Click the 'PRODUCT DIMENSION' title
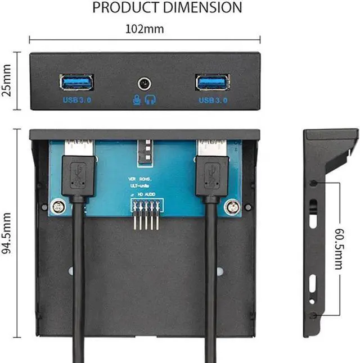(167, 8)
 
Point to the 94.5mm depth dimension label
(7, 233)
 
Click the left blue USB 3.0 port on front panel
(76, 83)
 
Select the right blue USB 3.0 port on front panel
(212, 83)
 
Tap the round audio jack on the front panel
(144, 84)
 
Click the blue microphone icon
(137, 99)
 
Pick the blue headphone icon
(151, 99)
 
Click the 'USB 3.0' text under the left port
(77, 100)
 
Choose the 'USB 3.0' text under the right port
(213, 100)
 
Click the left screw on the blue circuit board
(56, 206)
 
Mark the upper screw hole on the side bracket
(313, 183)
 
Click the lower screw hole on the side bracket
(313, 315)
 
